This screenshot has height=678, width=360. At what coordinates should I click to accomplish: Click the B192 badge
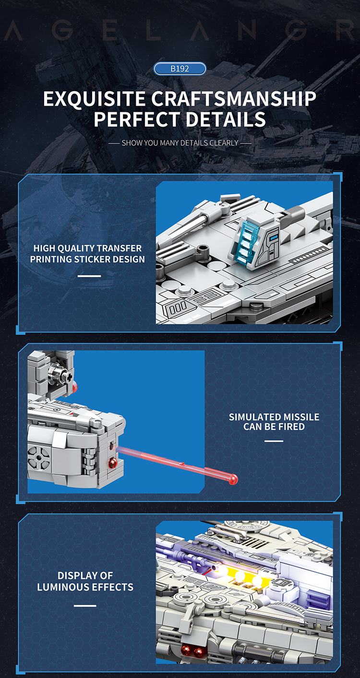(180, 69)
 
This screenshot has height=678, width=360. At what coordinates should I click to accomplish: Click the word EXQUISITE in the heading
(94, 99)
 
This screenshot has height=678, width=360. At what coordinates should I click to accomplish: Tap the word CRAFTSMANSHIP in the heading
(234, 99)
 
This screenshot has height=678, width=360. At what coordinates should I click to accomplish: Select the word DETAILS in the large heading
(226, 119)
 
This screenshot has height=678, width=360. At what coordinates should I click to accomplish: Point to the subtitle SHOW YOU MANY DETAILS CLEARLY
(180, 143)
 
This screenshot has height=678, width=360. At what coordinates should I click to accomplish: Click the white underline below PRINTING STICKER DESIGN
(89, 276)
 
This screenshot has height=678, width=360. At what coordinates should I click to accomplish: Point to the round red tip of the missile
(233, 478)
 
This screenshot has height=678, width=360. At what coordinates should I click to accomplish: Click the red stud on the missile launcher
(113, 463)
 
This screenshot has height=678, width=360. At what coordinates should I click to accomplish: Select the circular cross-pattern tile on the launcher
(38, 457)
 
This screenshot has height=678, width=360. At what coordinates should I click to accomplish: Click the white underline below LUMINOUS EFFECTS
(85, 606)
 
